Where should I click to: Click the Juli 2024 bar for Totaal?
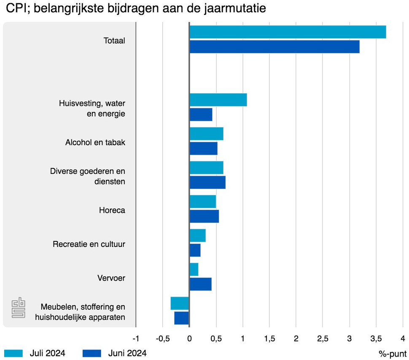click(288, 32)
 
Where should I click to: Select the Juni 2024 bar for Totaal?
click(274, 46)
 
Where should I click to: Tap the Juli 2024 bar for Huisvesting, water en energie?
click(218, 100)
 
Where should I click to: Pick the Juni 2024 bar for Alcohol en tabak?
click(203, 149)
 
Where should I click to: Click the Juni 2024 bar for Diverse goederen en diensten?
click(207, 182)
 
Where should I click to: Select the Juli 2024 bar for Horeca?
click(202, 202)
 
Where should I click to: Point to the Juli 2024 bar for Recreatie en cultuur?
click(197, 235)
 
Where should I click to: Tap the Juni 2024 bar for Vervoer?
click(200, 284)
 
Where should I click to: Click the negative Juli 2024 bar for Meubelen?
click(180, 303)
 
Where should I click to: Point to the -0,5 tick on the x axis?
click(162, 338)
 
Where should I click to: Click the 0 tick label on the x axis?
click(189, 338)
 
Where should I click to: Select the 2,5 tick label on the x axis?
click(323, 338)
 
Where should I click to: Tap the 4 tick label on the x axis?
click(403, 338)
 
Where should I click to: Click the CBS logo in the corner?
click(19, 308)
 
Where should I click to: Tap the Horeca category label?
click(112, 210)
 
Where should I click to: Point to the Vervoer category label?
click(111, 278)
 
